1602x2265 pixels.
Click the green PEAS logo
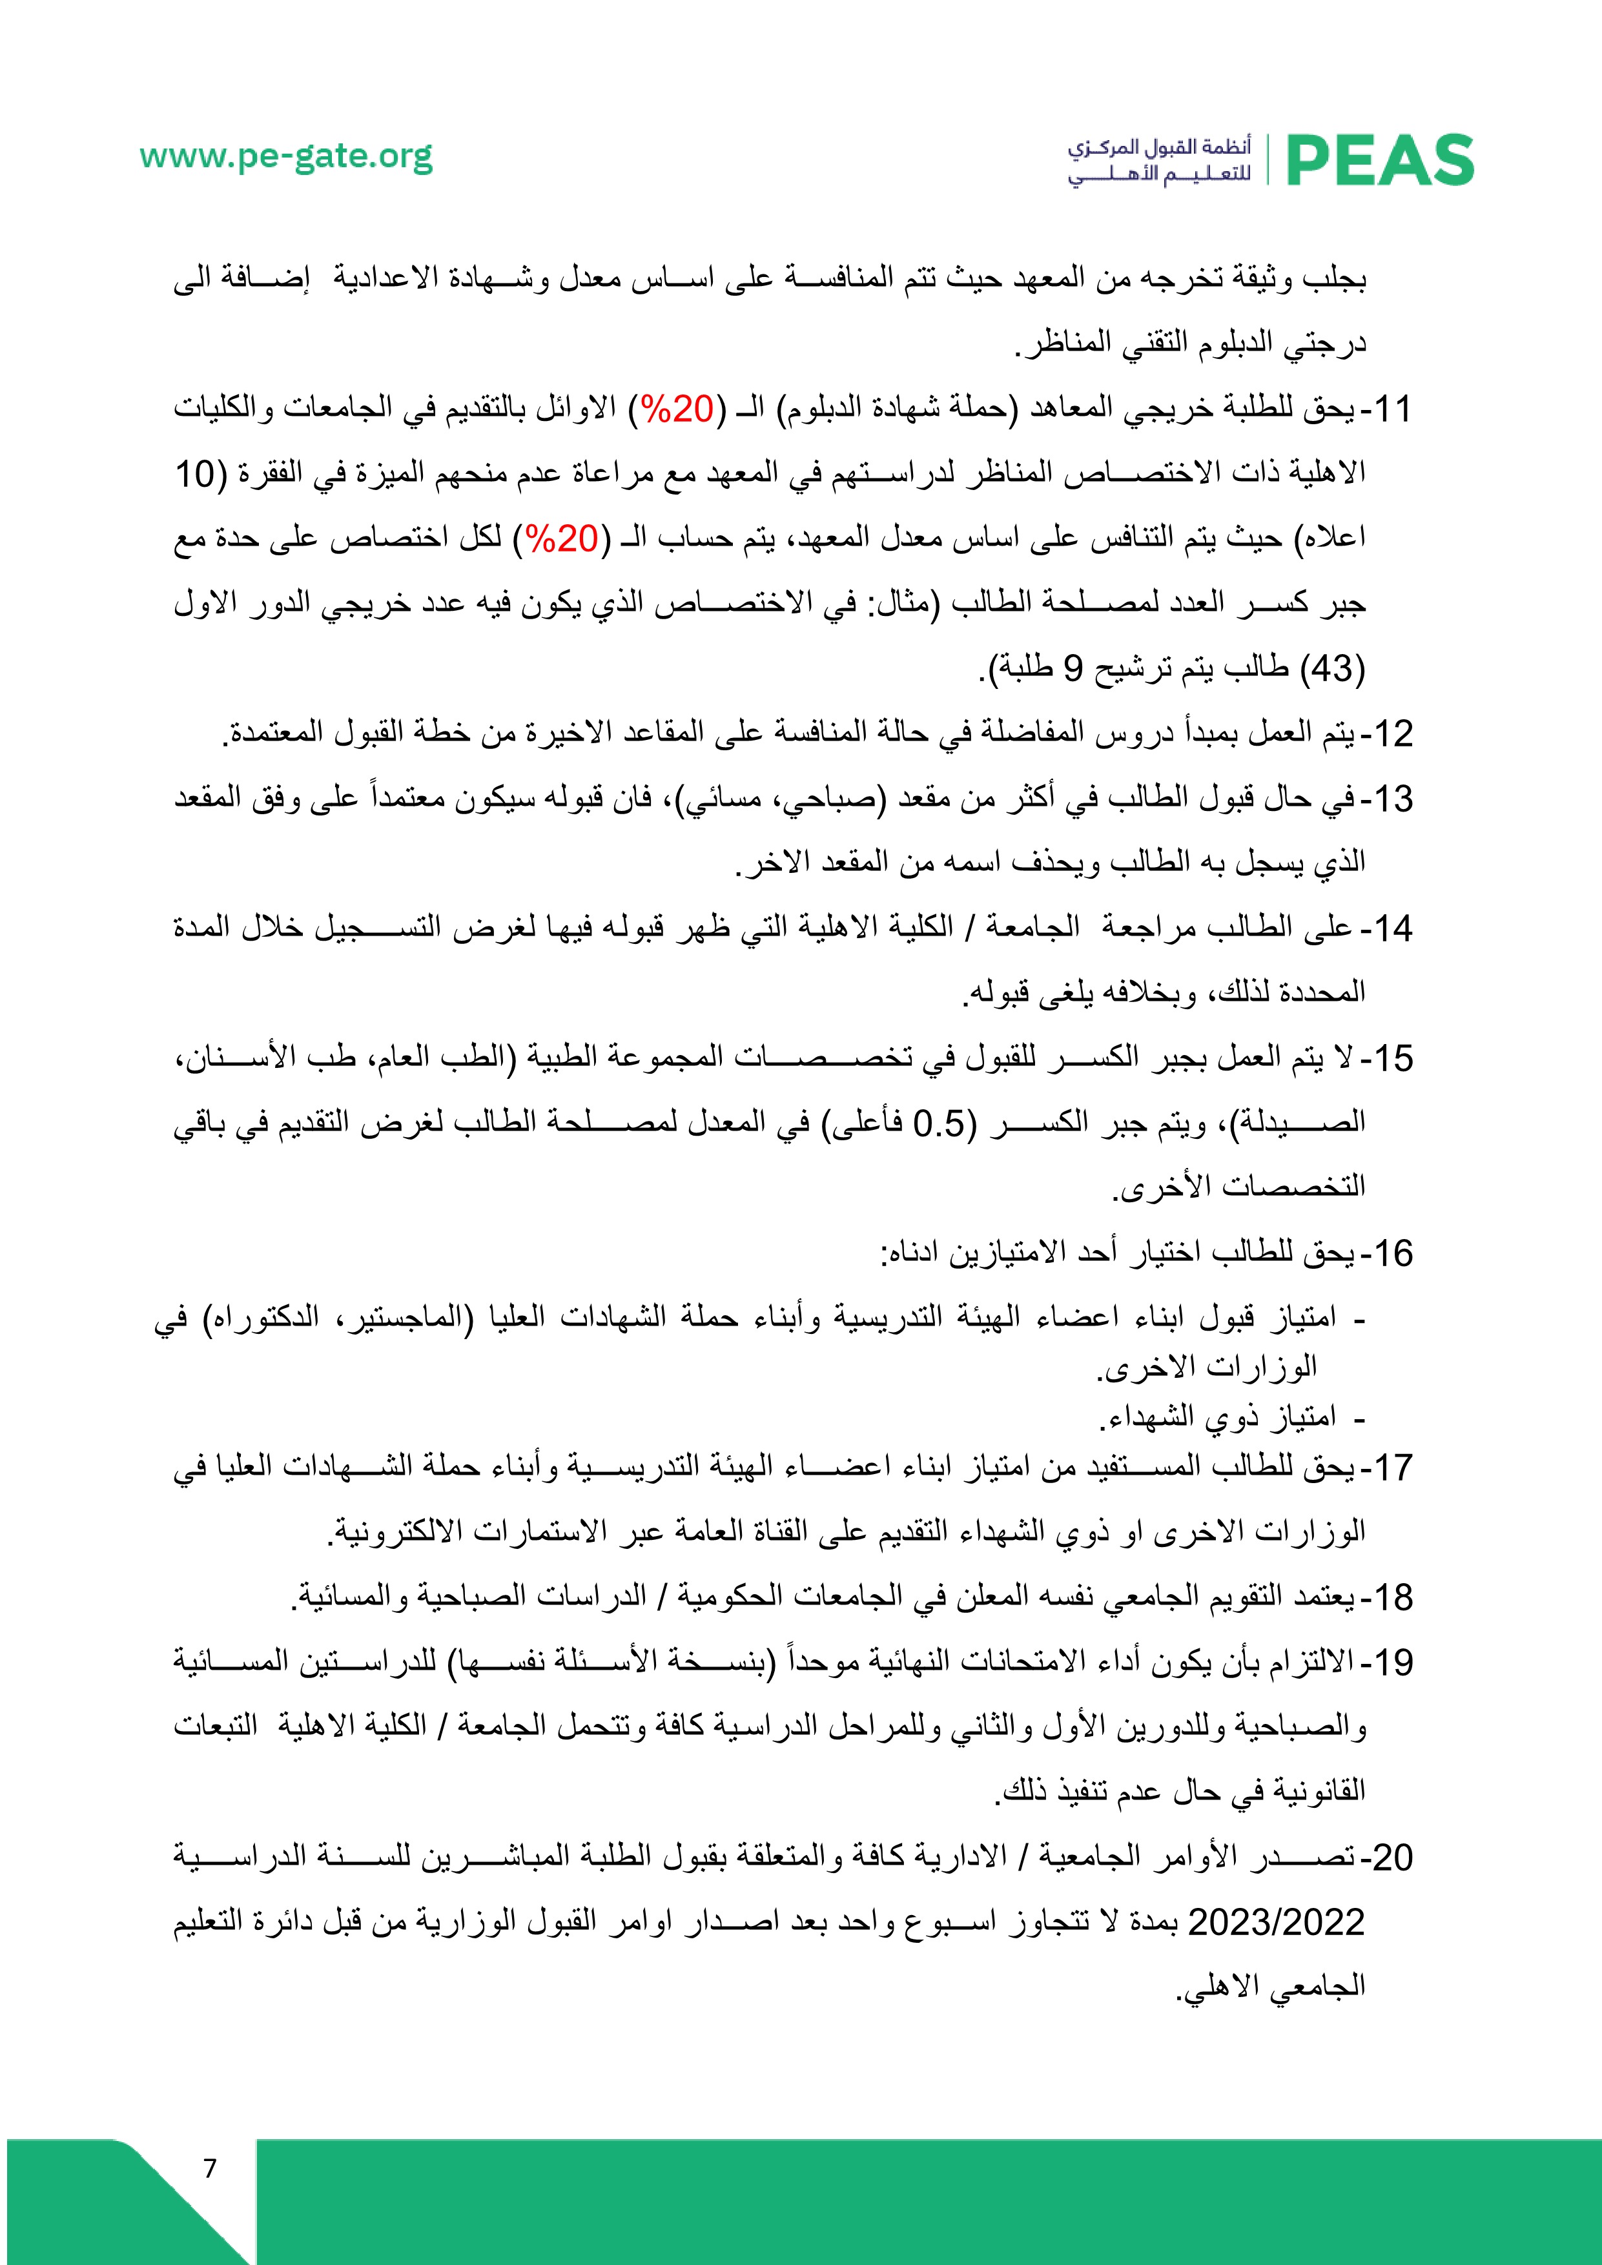[1379, 161]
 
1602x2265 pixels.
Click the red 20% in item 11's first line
[679, 409]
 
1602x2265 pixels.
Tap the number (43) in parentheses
[1331, 669]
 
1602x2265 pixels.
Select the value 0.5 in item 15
[940, 1123]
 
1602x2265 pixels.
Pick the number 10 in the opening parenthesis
[195, 473]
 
